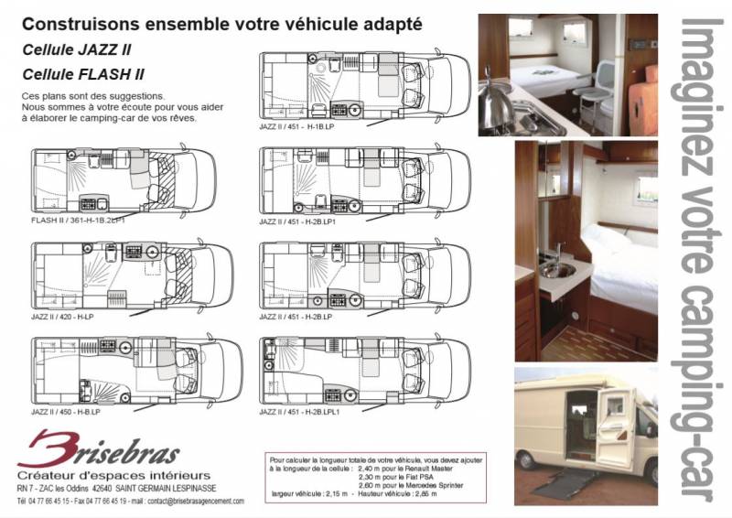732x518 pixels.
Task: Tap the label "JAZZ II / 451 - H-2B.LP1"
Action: [301, 221]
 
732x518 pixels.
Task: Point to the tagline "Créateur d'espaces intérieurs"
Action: [114, 476]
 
